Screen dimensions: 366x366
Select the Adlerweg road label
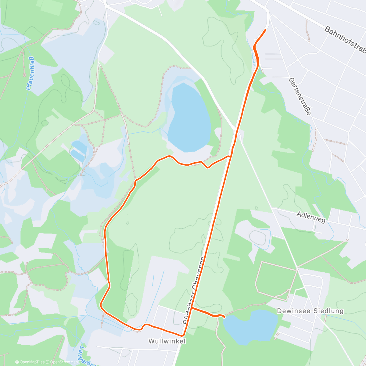[311, 217]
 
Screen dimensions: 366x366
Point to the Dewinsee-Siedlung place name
[310, 311]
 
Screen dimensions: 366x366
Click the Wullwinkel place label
[167, 341]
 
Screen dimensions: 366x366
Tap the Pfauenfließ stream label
[30, 73]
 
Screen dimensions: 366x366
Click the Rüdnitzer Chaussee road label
[194, 290]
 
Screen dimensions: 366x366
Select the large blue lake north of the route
[189, 119]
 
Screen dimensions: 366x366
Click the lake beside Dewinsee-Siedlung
[250, 326]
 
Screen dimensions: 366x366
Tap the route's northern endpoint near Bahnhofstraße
[265, 30]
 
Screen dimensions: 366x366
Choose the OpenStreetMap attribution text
[64, 362]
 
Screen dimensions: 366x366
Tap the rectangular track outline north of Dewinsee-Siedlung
[276, 281]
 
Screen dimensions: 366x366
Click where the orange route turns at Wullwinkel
[184, 335]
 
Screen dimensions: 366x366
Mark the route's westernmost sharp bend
[101, 304]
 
